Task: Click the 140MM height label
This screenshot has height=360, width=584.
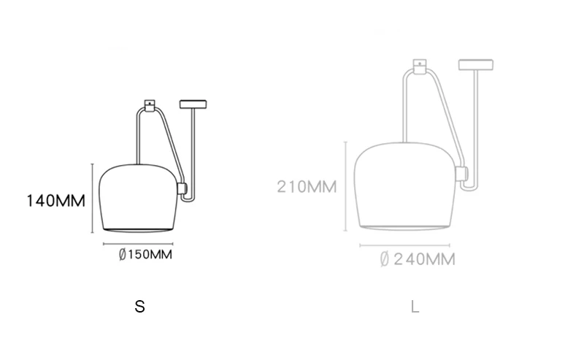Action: (56, 201)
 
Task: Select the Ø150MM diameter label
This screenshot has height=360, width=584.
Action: (145, 255)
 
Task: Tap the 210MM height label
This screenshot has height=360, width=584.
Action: (307, 187)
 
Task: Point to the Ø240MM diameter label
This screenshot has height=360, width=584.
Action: (418, 259)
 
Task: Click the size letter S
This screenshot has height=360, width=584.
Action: (139, 307)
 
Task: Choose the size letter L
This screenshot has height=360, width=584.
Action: (415, 307)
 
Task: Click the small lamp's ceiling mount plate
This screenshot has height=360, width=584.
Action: (193, 104)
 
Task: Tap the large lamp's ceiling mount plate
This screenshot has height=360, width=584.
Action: (476, 65)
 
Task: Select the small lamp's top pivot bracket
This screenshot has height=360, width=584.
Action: (150, 105)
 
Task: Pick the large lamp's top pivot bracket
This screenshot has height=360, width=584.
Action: (420, 66)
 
